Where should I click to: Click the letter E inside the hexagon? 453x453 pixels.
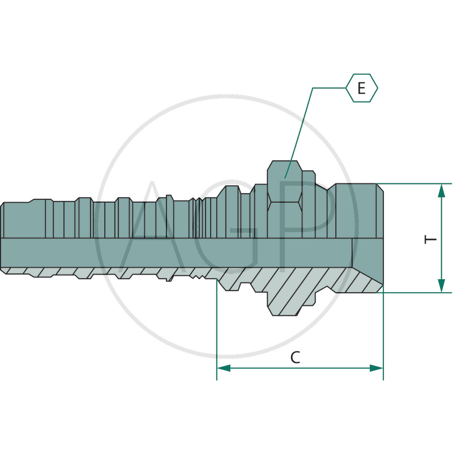coord(361,88)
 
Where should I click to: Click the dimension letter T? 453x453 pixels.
coord(430,240)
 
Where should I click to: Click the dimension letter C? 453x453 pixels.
coord(295,357)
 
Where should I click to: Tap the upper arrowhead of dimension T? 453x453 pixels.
coord(441,191)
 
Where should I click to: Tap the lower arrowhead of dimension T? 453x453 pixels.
coord(441,285)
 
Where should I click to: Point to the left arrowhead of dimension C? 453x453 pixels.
coord(224,368)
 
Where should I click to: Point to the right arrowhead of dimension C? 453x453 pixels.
coord(376,368)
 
